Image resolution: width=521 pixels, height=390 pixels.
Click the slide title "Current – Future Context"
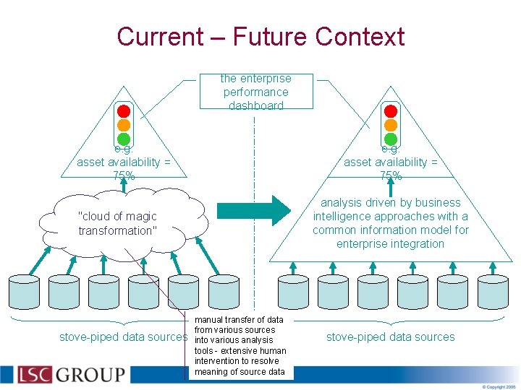(x=260, y=36)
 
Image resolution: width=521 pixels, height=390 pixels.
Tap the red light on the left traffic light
(x=124, y=111)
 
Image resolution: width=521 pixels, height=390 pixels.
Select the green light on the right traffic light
(x=391, y=139)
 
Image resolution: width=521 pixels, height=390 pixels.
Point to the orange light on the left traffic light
(x=124, y=125)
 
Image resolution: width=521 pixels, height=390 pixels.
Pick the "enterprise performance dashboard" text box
(x=256, y=92)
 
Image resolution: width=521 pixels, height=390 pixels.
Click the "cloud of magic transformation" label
(x=117, y=223)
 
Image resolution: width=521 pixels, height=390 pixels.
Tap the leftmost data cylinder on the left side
(x=24, y=292)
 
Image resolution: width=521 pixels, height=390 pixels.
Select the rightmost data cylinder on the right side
(x=493, y=292)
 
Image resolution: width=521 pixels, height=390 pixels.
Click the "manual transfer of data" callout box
(x=240, y=346)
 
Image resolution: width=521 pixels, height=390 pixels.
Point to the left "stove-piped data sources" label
(x=123, y=337)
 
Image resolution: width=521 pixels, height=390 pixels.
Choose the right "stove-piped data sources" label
(x=391, y=337)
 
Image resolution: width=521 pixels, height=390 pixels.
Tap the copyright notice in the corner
(x=500, y=386)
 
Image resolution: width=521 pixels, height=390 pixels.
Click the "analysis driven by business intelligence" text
(x=391, y=223)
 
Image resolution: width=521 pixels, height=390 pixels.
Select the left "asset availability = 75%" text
(x=124, y=163)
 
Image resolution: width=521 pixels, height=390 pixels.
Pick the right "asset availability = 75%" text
(x=391, y=163)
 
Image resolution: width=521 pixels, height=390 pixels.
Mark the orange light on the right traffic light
(x=391, y=125)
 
